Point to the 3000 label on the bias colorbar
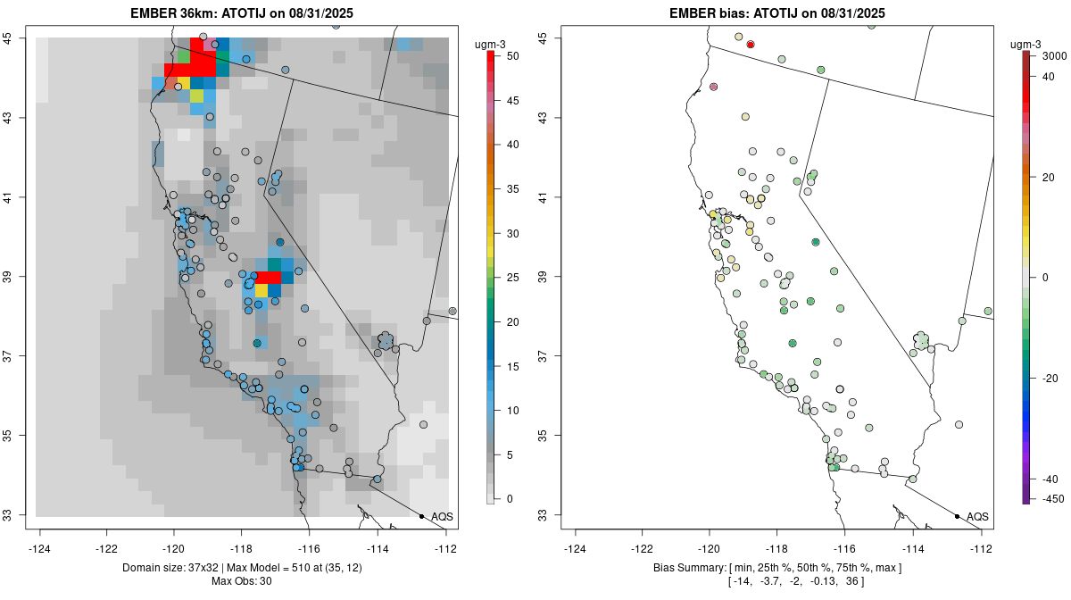[x=1054, y=55]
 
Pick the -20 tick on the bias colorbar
[x=1050, y=378]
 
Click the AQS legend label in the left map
[x=443, y=517]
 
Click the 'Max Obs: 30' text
[x=241, y=581]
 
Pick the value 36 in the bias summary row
[x=853, y=581]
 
